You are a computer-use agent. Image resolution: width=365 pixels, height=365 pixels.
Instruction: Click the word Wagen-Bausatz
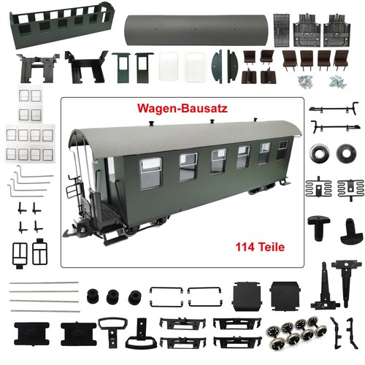click(x=182, y=108)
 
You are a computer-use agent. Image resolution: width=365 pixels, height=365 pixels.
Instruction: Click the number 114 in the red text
click(x=245, y=247)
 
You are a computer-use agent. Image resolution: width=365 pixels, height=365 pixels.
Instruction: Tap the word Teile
click(x=271, y=247)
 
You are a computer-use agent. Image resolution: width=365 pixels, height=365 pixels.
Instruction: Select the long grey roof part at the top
click(x=196, y=31)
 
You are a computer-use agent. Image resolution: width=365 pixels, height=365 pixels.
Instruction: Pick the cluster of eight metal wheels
click(x=296, y=331)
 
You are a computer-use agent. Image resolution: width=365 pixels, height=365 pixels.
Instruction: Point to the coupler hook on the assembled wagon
click(x=69, y=233)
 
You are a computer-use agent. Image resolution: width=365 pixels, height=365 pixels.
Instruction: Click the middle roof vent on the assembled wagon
click(x=212, y=120)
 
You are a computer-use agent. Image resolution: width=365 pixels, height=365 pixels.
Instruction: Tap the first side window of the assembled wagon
click(x=151, y=173)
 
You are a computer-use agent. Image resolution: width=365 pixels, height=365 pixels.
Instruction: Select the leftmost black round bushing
click(x=93, y=296)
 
